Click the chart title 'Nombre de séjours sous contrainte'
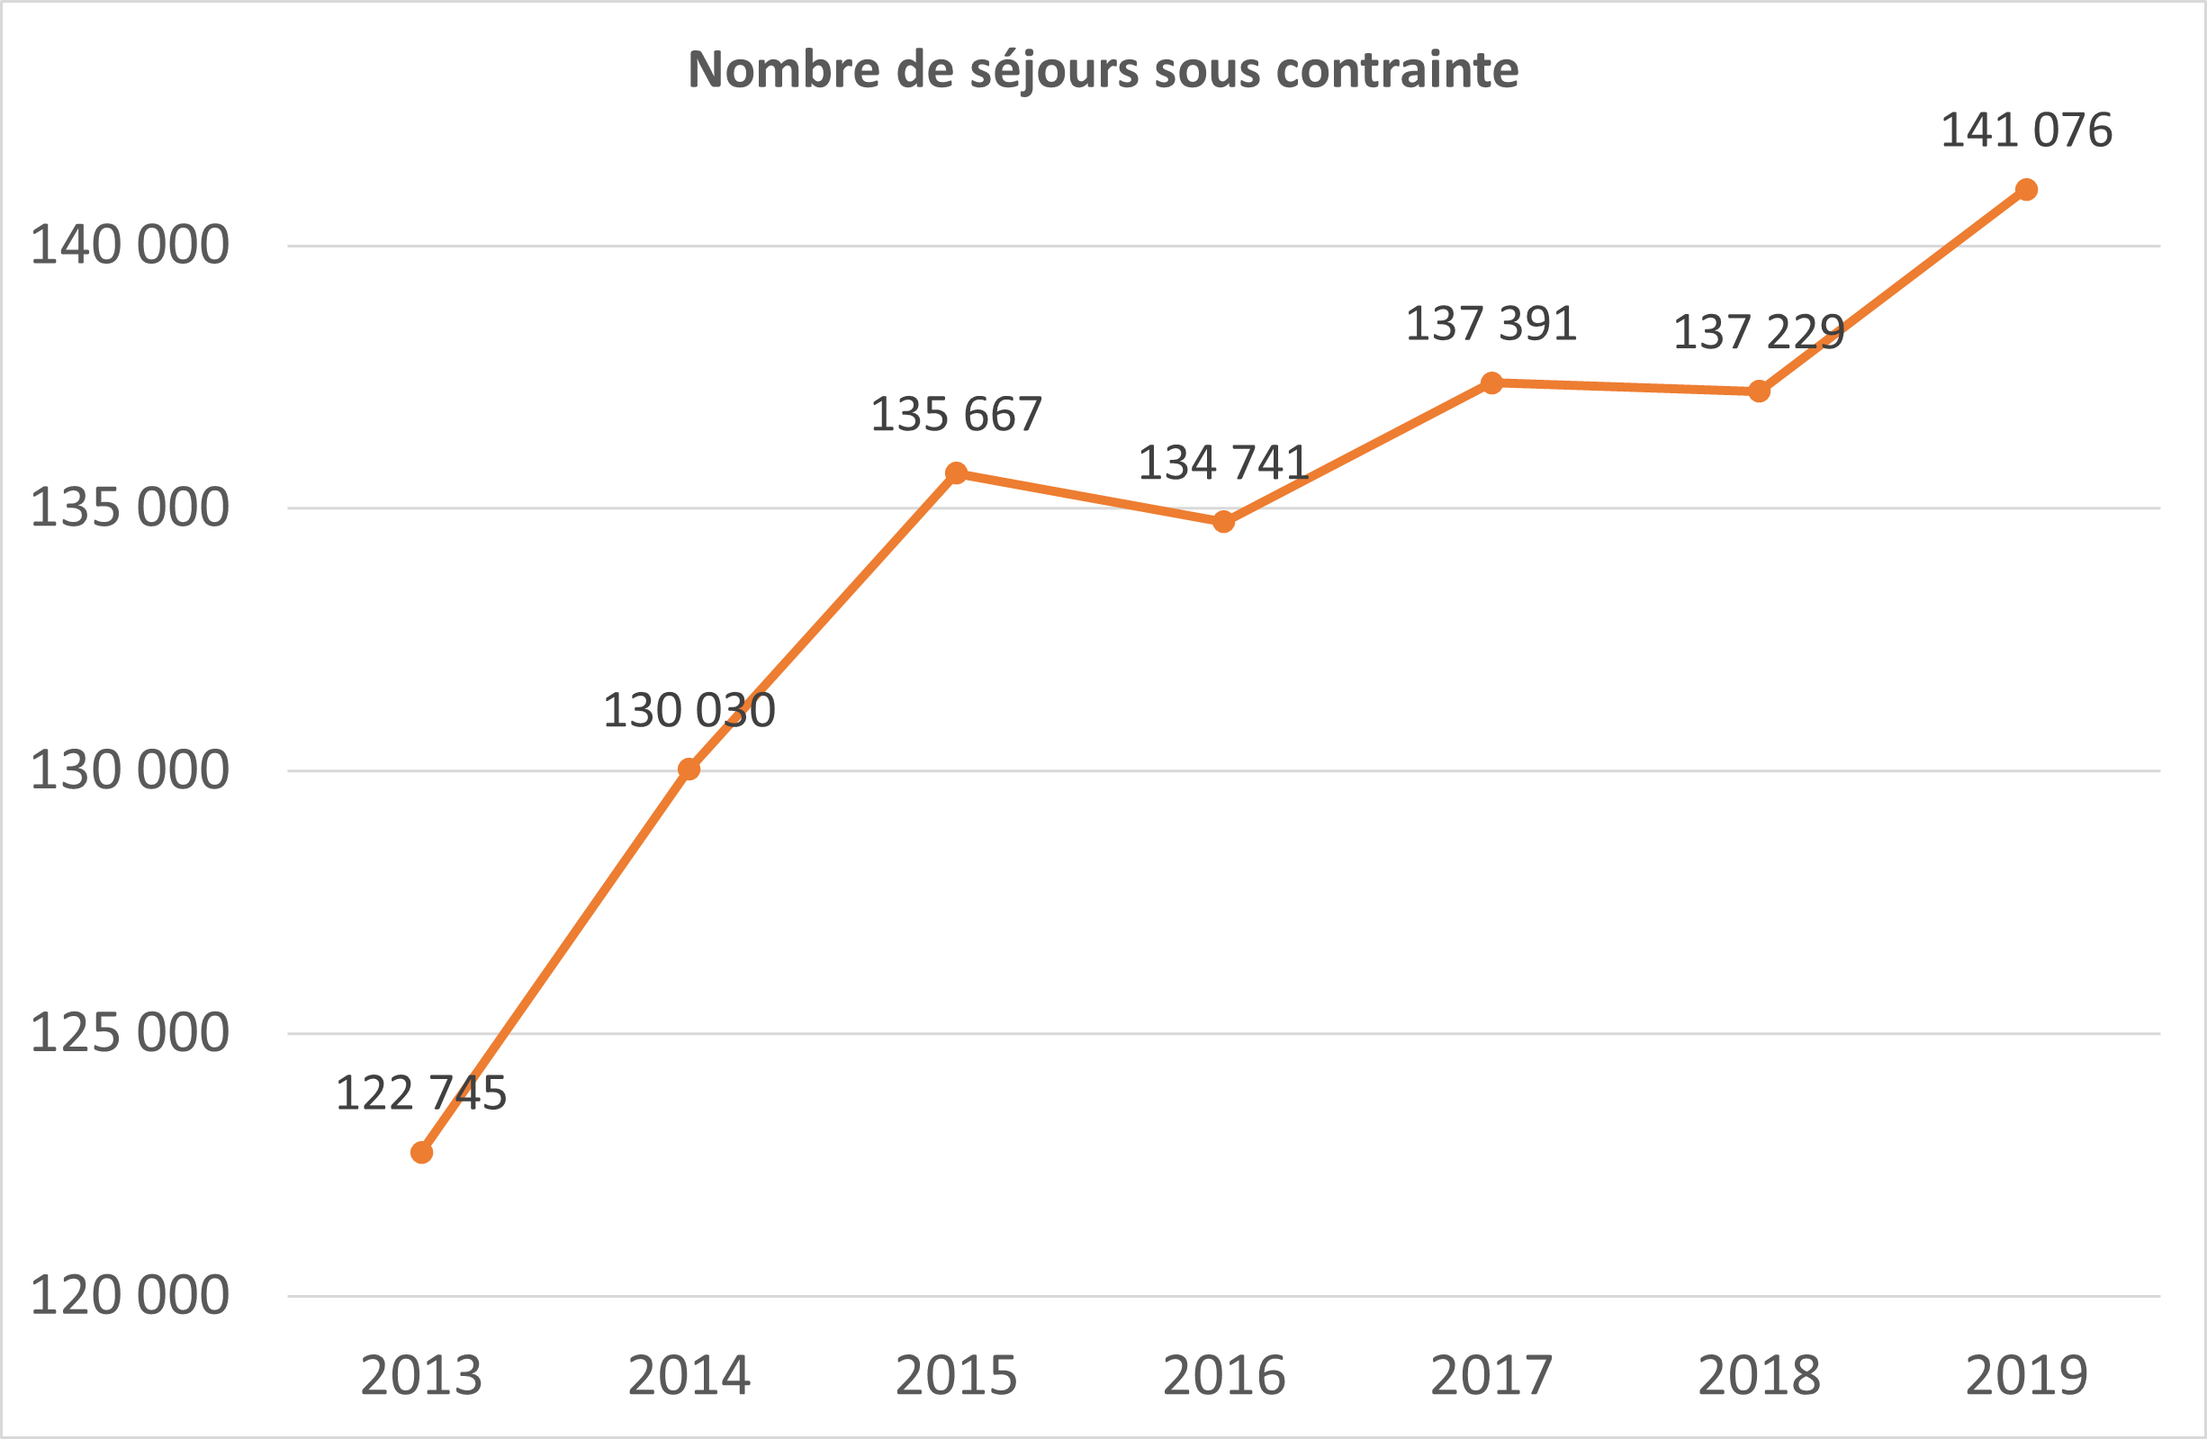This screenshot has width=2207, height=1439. pos(1103,69)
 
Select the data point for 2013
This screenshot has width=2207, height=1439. pos(422,1153)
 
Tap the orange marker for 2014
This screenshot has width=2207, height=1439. pos(689,769)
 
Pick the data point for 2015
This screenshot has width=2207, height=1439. pos(956,473)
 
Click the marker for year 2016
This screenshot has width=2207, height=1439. pos(1223,522)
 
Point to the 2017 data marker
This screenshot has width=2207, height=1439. pos(1491,383)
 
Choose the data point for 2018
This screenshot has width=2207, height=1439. pos(1759,391)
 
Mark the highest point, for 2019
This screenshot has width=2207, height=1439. pos(2026,190)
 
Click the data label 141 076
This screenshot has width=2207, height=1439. pos(2026,130)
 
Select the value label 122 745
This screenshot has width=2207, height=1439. pos(421,1093)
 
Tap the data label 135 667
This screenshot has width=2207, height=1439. pos(956,415)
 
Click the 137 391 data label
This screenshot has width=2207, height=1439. pos(1491,324)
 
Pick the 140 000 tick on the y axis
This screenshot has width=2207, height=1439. pos(130,246)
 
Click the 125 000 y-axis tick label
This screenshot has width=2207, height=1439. pos(130,1033)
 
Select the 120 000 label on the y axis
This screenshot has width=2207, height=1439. pos(130,1295)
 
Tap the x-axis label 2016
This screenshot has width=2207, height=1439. pos(1224,1376)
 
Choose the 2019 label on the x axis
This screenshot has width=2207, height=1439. pos(2026,1376)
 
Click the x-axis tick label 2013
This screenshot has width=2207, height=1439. pos(422,1376)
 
